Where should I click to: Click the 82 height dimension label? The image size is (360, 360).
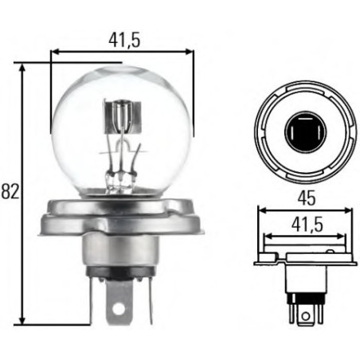pyautogui.click(x=9, y=192)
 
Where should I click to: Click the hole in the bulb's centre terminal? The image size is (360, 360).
pyautogui.click(x=119, y=308)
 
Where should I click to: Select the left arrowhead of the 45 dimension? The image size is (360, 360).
pyautogui.click(x=260, y=211)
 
